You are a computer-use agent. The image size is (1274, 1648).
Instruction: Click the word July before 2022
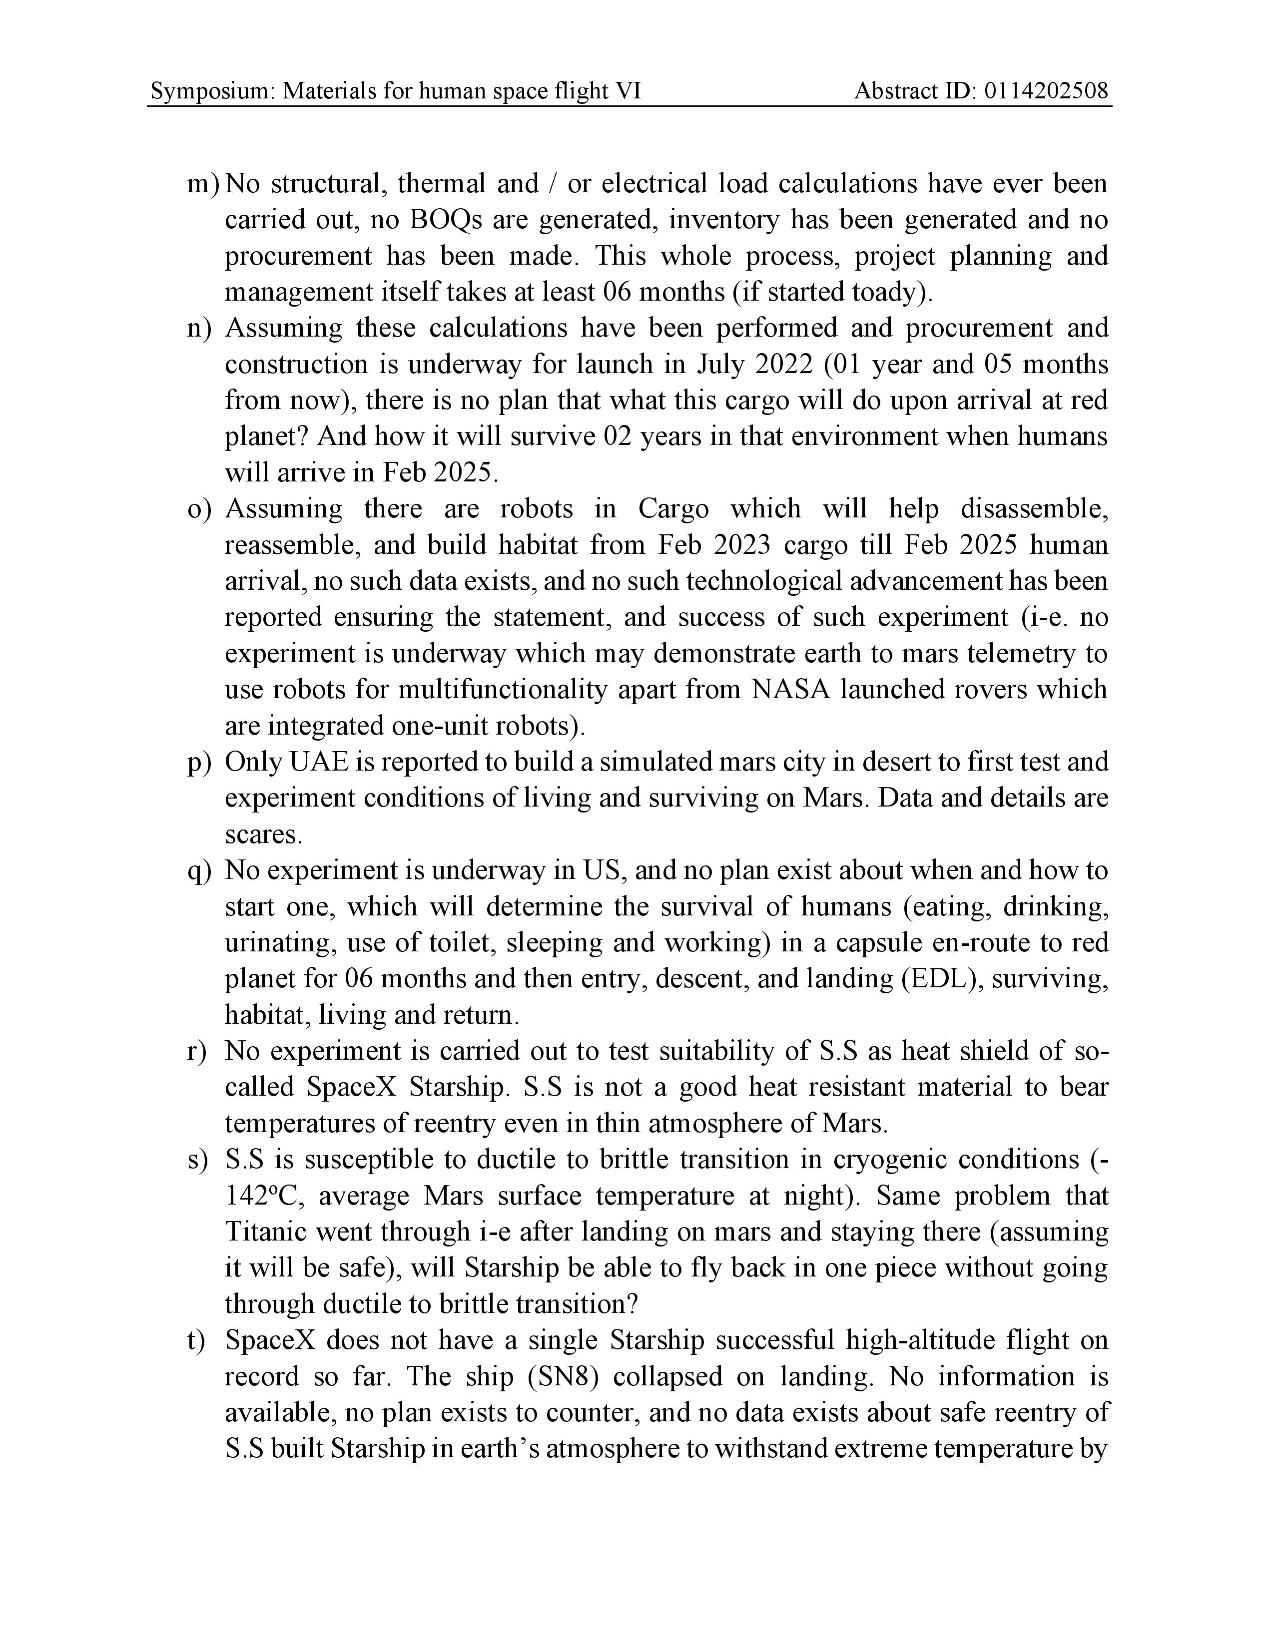pyautogui.click(x=721, y=365)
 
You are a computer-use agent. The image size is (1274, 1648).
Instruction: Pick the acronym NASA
pyautogui.click(x=790, y=690)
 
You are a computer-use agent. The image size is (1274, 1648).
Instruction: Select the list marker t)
pyautogui.click(x=197, y=1341)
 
